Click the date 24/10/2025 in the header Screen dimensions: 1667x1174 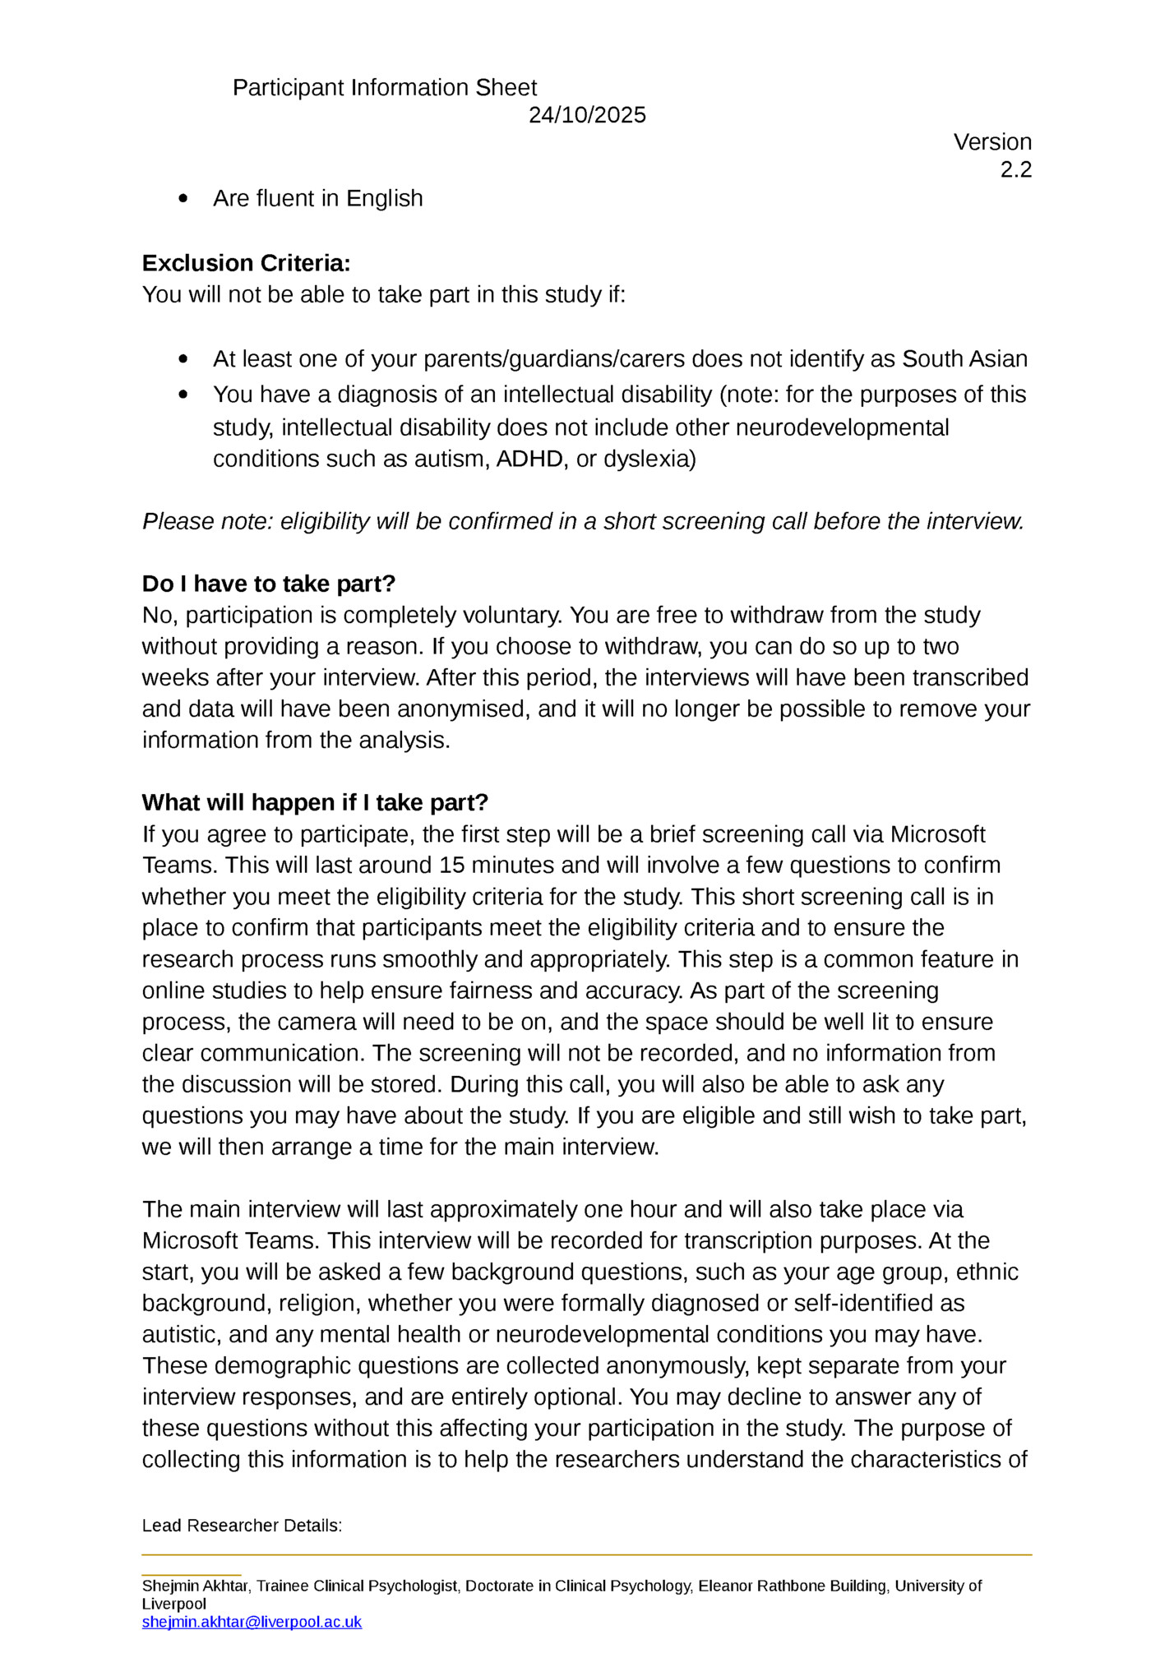point(586,115)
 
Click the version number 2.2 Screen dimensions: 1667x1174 point(1015,170)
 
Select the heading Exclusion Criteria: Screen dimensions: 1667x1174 point(246,263)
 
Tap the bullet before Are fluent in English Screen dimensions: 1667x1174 point(183,199)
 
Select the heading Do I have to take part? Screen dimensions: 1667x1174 point(268,584)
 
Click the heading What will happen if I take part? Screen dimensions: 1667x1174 point(315,802)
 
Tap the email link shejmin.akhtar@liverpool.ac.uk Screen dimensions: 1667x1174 point(252,1622)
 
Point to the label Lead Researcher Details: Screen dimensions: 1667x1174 point(242,1526)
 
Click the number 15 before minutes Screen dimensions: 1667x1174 point(451,866)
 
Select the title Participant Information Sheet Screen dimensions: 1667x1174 point(384,88)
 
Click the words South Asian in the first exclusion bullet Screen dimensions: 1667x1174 point(964,359)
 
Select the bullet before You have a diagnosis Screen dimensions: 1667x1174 point(183,395)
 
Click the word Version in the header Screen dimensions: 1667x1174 point(991,142)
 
